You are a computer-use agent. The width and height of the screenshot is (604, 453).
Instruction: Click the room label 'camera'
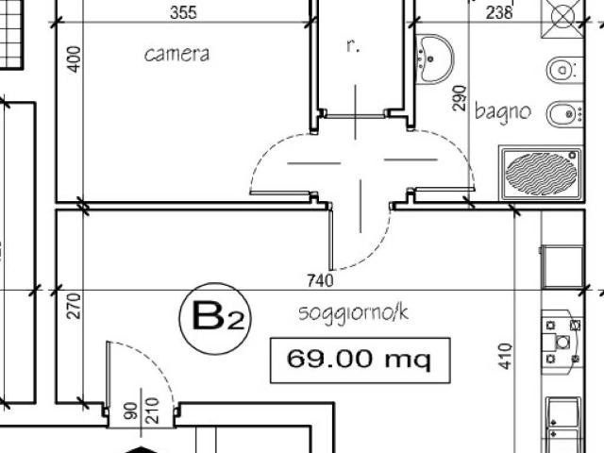pyautogui.click(x=176, y=55)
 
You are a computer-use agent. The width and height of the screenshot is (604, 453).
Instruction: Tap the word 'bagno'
pyautogui.click(x=503, y=111)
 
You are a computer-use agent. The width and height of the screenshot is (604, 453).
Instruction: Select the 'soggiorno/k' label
pyautogui.click(x=353, y=312)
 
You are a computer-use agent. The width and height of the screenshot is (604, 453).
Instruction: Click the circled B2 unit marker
pyautogui.click(x=215, y=319)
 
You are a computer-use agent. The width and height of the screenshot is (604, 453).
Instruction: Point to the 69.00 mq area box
pyautogui.click(x=361, y=361)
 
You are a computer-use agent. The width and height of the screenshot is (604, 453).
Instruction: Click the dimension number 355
pyautogui.click(x=183, y=12)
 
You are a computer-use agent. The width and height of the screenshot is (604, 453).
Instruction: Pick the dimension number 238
pyautogui.click(x=499, y=12)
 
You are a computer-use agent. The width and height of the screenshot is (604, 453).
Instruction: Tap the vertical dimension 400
pyautogui.click(x=75, y=59)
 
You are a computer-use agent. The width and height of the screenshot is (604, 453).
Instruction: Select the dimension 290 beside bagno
pyautogui.click(x=460, y=98)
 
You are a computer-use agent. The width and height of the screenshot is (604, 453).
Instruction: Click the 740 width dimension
pyautogui.click(x=321, y=280)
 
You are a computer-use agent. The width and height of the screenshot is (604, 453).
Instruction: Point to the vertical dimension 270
pyautogui.click(x=74, y=306)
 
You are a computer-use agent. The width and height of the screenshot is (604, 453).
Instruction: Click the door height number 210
pyautogui.click(x=153, y=411)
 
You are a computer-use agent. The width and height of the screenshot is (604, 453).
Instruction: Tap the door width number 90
pyautogui.click(x=131, y=411)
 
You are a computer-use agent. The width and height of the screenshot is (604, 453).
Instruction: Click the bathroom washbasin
pyautogui.click(x=435, y=59)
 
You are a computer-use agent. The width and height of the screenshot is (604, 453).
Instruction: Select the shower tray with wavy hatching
pyautogui.click(x=541, y=173)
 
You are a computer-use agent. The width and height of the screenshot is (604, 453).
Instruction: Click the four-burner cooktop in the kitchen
pyautogui.click(x=562, y=342)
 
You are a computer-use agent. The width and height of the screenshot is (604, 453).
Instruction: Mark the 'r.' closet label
pyautogui.click(x=353, y=46)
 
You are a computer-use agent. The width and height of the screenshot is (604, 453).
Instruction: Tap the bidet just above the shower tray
pyautogui.click(x=564, y=114)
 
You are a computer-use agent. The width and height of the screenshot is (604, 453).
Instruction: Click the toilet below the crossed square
pyautogui.click(x=564, y=70)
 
